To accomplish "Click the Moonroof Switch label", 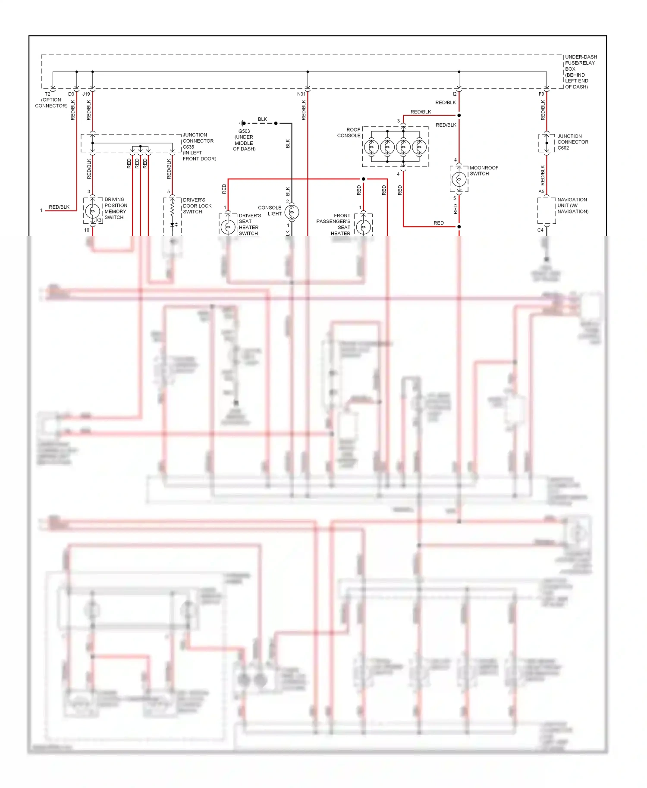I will pos(484,171).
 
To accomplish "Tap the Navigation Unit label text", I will pos(572,206).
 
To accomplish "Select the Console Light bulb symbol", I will pos(292,212).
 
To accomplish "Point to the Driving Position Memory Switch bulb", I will pos(92,211).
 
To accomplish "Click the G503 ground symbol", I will pos(243,123).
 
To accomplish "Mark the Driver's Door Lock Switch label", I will pos(197,206).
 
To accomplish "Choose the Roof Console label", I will pos(349,132).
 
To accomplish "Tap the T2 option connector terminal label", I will pos(47,94).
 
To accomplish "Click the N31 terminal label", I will pos(301,94).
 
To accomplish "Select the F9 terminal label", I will pos(541,94).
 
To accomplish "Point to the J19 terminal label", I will pos(86,94).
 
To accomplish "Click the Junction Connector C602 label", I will pos(572,142).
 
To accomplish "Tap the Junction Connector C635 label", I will pos(199,147).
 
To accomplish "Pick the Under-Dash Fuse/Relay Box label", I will pos(581,72).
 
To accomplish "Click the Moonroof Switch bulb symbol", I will pos(459,179).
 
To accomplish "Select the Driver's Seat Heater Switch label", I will pos(249,225).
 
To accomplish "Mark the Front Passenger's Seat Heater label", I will pos(333,225).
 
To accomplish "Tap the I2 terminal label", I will pos(454,94).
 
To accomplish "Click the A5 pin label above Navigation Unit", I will pos(541,191).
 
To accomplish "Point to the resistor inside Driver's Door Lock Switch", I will pos(172,209).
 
